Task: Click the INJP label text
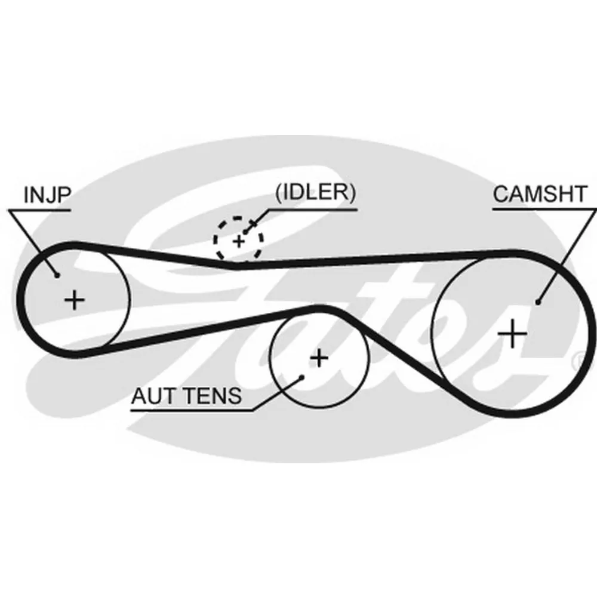point(47,195)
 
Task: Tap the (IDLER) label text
point(316,192)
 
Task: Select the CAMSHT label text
point(540,194)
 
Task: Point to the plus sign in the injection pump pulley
point(75,300)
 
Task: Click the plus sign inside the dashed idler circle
point(239,241)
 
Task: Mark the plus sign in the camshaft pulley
point(512,334)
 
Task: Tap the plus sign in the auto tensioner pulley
point(319,358)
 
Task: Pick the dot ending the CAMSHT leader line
point(538,302)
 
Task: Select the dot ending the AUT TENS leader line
point(301,377)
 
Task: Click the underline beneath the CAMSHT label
point(544,209)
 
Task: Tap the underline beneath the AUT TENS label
point(192,411)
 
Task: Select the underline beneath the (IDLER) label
point(313,209)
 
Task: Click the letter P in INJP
point(64,195)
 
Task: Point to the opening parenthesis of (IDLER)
point(278,193)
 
